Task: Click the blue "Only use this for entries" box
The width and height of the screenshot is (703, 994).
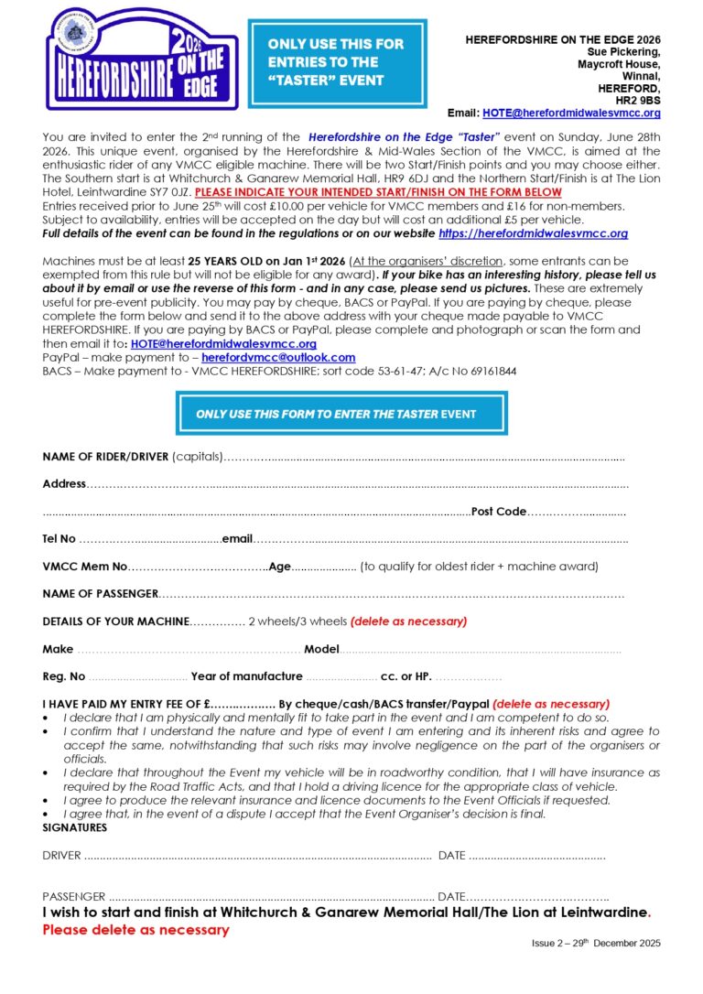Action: [335, 61]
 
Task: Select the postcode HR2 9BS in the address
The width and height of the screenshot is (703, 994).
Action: [638, 100]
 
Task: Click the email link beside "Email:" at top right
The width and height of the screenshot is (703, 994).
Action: [571, 113]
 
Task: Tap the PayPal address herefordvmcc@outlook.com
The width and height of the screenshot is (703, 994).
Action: [278, 358]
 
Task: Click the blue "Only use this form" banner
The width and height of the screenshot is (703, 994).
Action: [341, 414]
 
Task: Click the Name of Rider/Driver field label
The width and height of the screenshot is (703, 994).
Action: [105, 457]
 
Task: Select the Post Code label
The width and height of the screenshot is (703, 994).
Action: [498, 512]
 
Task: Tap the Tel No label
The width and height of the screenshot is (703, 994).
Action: [59, 539]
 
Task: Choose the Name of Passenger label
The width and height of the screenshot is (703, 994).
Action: [100, 594]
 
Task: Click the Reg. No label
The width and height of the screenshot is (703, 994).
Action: [64, 676]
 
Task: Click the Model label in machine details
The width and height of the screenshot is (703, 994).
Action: [321, 649]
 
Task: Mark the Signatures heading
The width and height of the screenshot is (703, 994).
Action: [74, 827]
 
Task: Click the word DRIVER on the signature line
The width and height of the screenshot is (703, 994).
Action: [61, 856]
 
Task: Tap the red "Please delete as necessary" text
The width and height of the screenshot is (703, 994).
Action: [135, 930]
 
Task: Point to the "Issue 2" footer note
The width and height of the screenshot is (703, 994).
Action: [595, 944]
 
